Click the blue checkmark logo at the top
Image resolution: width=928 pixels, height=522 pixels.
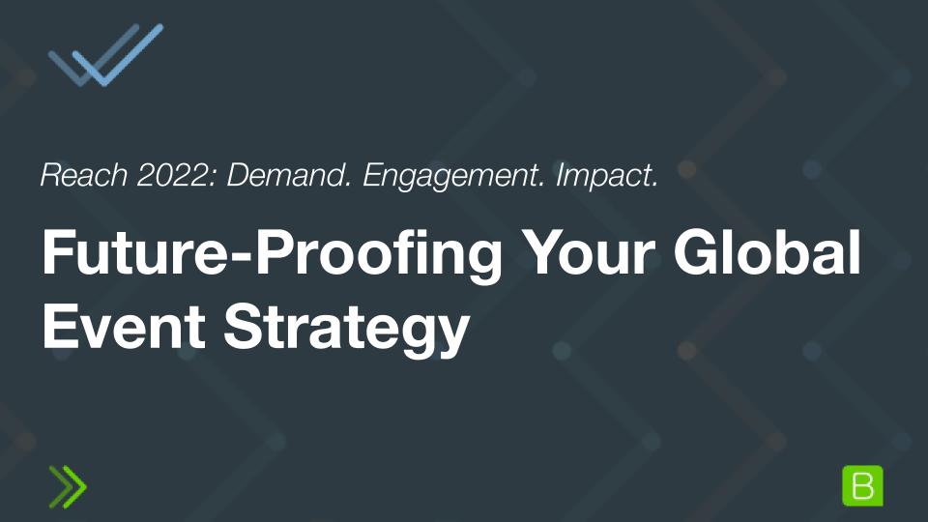pos(104,55)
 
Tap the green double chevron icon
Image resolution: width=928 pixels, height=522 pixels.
pos(68,486)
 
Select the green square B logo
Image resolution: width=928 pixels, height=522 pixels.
pos(862,485)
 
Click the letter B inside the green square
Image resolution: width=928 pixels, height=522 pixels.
pos(862,486)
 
